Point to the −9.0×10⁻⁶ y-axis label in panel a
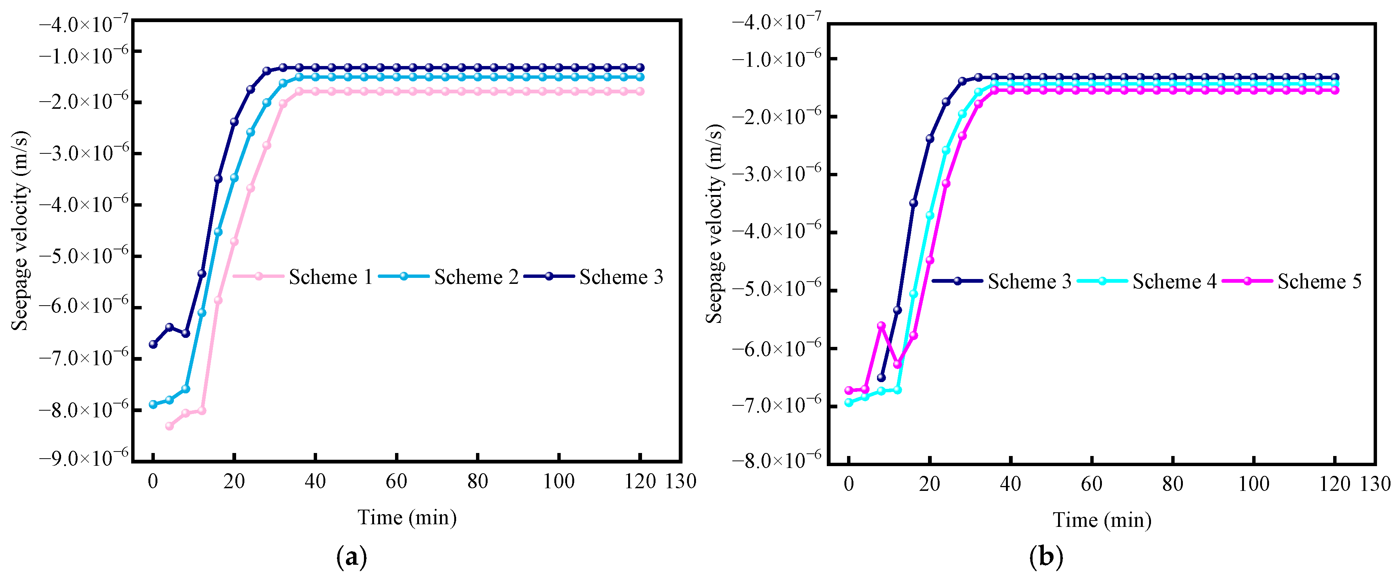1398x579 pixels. [x=84, y=457]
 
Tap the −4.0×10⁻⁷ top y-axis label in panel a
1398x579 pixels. [x=84, y=24]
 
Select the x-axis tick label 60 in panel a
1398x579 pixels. [x=396, y=481]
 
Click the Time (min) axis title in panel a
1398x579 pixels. [x=407, y=517]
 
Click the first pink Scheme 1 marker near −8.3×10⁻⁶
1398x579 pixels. [x=169, y=426]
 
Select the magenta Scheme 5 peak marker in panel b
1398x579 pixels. [x=882, y=326]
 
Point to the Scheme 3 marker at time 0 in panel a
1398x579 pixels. [x=153, y=344]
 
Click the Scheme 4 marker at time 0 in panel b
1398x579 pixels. [x=849, y=402]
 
